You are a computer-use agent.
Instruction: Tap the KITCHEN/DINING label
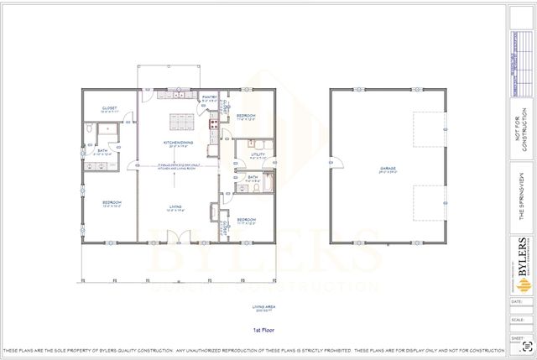(x=179, y=143)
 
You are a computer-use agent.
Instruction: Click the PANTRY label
(x=210, y=97)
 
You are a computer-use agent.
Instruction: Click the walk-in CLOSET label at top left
(x=110, y=108)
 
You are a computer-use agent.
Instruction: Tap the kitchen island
(x=179, y=123)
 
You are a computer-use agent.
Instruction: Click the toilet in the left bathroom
(x=89, y=130)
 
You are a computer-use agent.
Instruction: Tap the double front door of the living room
(x=179, y=244)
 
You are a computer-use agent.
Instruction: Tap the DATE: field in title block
(x=515, y=300)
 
